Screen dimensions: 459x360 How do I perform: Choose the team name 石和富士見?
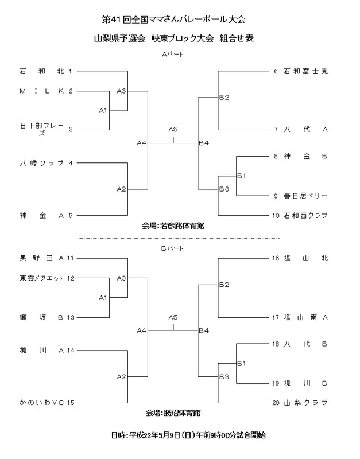tap(305, 72)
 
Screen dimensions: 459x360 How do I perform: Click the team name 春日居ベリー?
tap(305, 196)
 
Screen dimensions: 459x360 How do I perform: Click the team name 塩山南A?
tap(305, 316)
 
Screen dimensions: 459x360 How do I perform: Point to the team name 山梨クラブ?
tap(305, 402)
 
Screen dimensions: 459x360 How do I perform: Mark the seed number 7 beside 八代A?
tap(276, 129)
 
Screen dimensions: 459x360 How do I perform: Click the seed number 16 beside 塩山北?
tap(275, 259)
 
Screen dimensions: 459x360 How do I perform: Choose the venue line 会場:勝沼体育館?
tap(173, 413)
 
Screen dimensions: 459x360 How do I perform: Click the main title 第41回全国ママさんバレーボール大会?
tap(173, 20)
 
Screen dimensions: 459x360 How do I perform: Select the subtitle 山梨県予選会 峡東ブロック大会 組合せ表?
tap(173, 38)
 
